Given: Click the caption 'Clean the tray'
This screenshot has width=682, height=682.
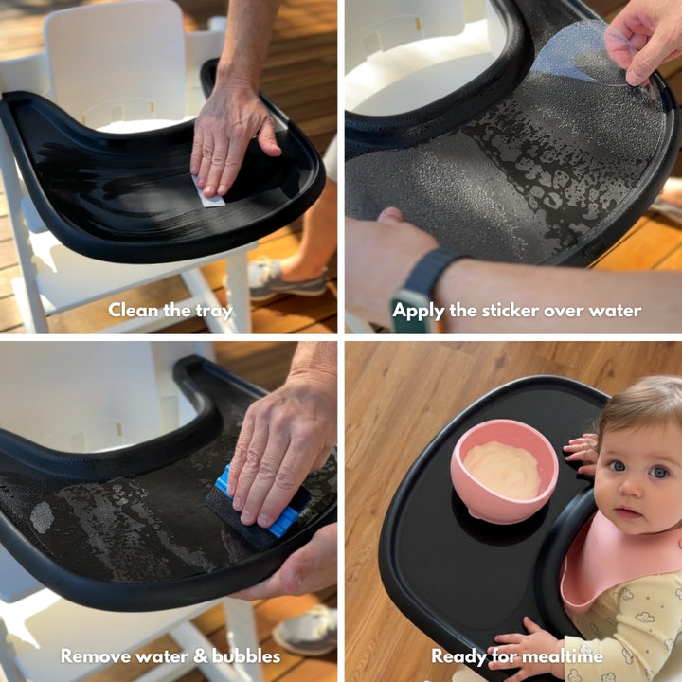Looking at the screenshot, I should pos(169,310).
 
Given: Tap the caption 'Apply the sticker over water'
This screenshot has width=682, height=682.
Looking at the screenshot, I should pos(516,310).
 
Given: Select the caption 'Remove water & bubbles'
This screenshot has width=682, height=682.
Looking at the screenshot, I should pos(170,655).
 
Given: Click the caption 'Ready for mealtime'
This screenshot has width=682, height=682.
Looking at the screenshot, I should pos(516,655).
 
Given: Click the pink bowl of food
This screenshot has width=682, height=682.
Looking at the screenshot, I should pos(506,469).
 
